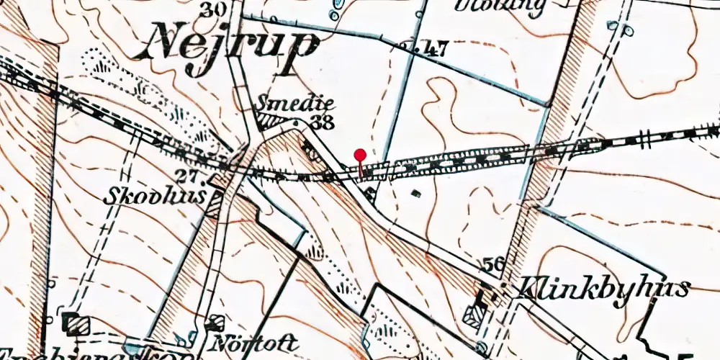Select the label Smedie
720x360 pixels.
[285, 105]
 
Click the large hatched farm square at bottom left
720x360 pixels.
[75, 323]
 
